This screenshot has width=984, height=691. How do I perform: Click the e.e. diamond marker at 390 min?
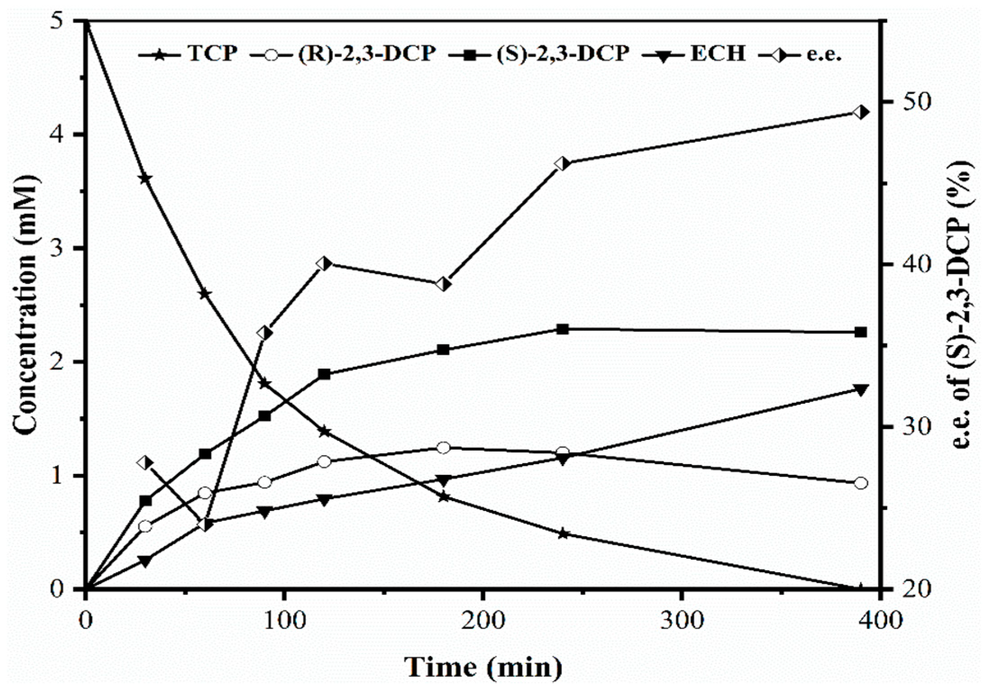tap(860, 112)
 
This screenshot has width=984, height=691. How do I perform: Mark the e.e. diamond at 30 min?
tap(145, 463)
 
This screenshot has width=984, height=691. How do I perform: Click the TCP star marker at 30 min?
tap(145, 178)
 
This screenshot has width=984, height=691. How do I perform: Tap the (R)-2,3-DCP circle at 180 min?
tap(443, 447)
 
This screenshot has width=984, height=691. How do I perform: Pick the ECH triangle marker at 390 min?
tap(860, 390)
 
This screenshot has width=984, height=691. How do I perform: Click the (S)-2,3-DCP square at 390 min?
tap(860, 332)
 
